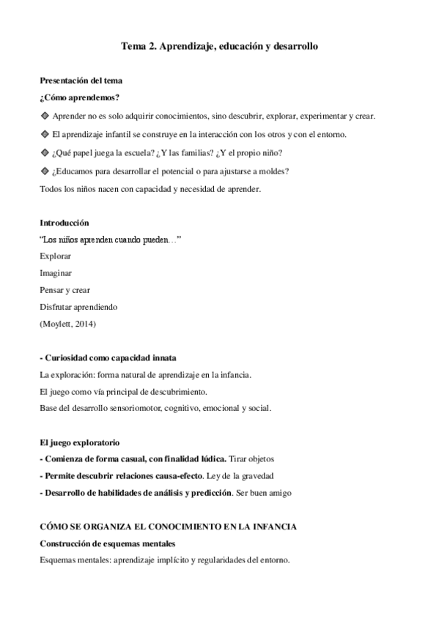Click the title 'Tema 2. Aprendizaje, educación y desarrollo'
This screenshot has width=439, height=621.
pos(219,45)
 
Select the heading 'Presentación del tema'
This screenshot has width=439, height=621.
pos(81,80)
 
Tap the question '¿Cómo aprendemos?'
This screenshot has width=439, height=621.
pos(80,97)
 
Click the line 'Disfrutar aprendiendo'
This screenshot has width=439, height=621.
pos(78,307)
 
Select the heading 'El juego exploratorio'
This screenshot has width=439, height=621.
pos(79,442)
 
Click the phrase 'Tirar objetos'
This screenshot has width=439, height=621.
pos(252,458)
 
